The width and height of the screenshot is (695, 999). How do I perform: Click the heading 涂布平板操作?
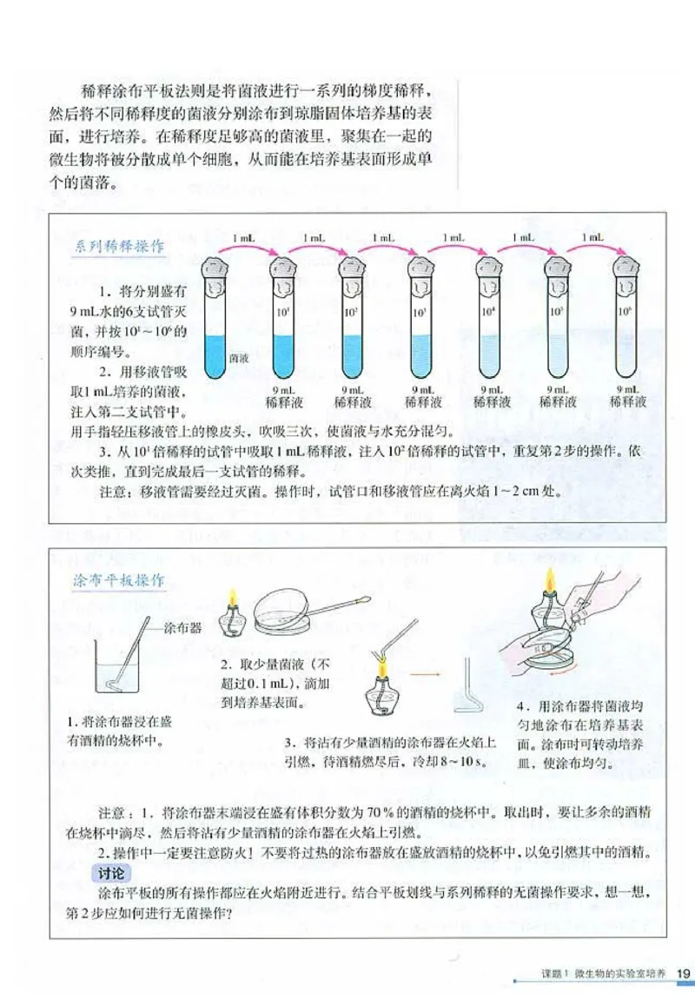coord(120,580)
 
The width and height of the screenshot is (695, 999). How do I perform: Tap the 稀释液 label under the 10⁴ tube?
coord(492,402)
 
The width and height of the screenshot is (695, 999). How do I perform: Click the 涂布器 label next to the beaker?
coord(182,628)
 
